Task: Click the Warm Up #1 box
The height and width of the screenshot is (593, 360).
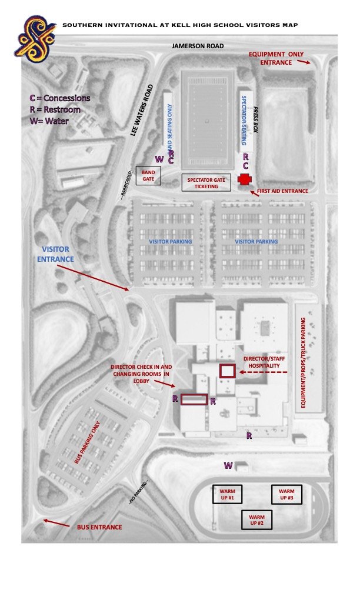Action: [x=227, y=494]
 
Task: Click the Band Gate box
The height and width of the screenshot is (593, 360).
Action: [x=147, y=175]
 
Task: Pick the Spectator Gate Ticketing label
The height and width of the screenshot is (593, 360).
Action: [x=202, y=183]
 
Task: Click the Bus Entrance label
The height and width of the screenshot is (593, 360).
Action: [x=99, y=527]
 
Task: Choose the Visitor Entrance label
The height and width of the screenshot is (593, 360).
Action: [x=56, y=254]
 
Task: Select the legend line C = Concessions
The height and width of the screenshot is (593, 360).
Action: [x=60, y=98]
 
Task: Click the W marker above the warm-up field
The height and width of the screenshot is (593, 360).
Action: [x=228, y=466]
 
